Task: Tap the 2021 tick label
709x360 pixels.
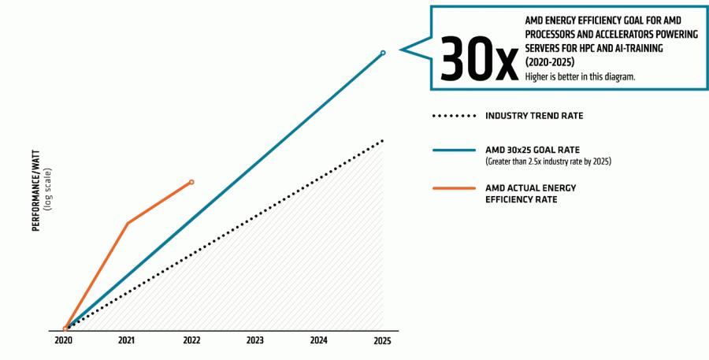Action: point(126,341)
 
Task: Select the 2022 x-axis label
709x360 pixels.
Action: point(191,341)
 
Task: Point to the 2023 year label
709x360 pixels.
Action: point(254,341)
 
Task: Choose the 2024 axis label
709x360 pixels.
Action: point(318,341)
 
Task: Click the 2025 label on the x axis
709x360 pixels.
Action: point(382,341)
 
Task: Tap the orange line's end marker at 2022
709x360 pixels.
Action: point(191,182)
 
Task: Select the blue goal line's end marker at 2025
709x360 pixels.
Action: point(383,53)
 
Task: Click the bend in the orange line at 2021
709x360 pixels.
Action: point(128,223)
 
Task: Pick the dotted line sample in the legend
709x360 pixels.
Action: point(454,116)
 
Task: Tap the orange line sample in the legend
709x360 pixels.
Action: point(454,188)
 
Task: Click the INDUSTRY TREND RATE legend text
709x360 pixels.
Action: point(534,116)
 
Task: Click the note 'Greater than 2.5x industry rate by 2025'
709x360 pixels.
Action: point(548,161)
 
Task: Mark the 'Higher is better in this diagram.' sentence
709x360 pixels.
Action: point(580,76)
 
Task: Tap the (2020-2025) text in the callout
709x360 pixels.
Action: point(549,61)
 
